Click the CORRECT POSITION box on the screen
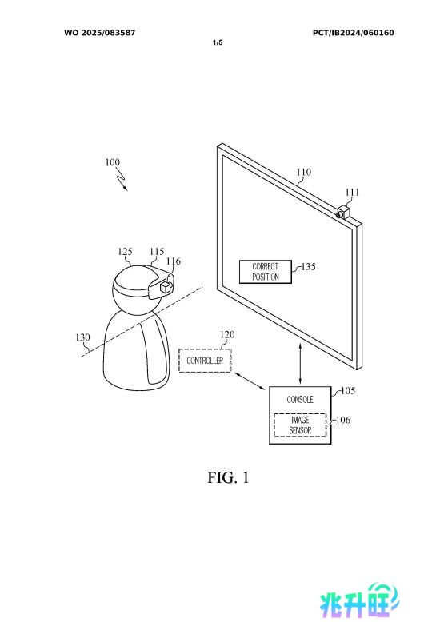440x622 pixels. [x=266, y=272]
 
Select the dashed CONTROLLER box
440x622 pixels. [x=205, y=361]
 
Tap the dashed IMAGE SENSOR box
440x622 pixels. [x=300, y=425]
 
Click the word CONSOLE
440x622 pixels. [x=300, y=400]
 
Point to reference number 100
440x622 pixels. [x=112, y=162]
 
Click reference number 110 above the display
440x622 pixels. [x=303, y=172]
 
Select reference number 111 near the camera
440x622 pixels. [x=352, y=193]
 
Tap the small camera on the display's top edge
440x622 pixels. [x=343, y=212]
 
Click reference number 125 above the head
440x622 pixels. [x=125, y=252]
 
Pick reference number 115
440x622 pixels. [x=157, y=252]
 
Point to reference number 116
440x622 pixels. [x=173, y=261]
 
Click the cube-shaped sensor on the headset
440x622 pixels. [x=165, y=287]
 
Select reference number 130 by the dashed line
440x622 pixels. [x=82, y=337]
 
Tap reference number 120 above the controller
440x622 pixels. [x=227, y=334]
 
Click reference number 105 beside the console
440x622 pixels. [x=348, y=391]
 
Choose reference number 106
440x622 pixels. [x=343, y=420]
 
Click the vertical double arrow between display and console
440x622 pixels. [x=300, y=363]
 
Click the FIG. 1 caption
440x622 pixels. [x=228, y=477]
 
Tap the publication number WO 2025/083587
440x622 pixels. [x=100, y=33]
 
